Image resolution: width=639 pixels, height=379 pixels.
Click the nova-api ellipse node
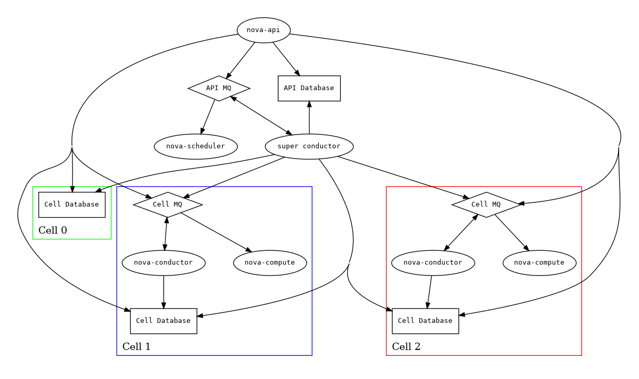(x=264, y=30)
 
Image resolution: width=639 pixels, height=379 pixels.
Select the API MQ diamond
(x=218, y=88)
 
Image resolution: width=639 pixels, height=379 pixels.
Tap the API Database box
(x=309, y=88)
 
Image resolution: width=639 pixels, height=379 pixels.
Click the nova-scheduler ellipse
(x=195, y=146)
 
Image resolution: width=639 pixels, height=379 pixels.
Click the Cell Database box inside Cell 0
(x=72, y=204)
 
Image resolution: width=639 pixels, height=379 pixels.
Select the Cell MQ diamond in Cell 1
(x=167, y=204)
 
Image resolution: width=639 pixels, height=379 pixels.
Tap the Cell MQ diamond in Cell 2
(x=486, y=204)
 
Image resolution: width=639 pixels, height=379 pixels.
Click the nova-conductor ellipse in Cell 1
(x=163, y=262)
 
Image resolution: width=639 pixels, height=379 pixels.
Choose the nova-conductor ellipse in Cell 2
(x=433, y=262)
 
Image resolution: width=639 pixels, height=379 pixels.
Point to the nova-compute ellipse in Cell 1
(x=270, y=262)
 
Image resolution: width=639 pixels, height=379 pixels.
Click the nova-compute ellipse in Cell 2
(x=539, y=262)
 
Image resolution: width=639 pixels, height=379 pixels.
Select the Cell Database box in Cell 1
(x=163, y=321)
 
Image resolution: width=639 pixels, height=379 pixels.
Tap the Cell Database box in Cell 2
(x=425, y=321)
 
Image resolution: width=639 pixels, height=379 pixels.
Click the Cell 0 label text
(x=53, y=230)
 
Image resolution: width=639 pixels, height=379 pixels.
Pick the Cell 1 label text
(x=136, y=346)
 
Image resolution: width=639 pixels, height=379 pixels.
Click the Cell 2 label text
(x=406, y=346)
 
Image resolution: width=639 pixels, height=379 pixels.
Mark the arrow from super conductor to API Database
(x=309, y=118)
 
